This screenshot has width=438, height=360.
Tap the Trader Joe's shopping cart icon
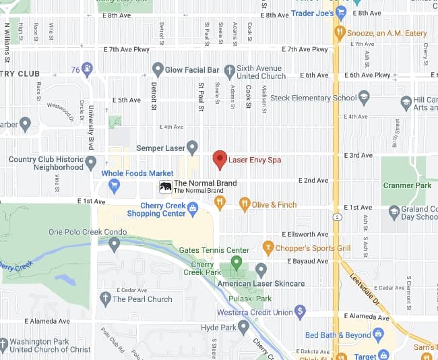tap(341, 12)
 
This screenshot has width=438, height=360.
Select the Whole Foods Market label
tap(137, 173)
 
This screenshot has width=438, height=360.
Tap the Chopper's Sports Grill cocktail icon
tap(268, 247)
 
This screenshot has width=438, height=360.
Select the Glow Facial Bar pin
tap(158, 69)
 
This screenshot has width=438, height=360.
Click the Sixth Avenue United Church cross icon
tap(229, 69)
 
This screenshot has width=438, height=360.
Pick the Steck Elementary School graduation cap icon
tap(365, 98)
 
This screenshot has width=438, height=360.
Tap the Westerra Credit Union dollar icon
tap(301, 312)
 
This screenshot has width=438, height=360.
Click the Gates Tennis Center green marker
tap(235, 262)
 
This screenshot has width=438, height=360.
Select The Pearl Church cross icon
tap(104, 299)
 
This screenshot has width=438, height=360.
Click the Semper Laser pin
tap(192, 146)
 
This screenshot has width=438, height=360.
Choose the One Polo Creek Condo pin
tap(114, 244)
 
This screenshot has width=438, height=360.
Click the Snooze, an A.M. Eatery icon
tap(341, 32)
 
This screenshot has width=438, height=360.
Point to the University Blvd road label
tap(90, 125)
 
